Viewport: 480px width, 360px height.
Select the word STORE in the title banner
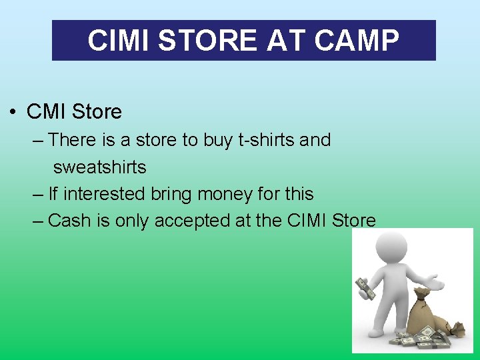[x=209, y=41]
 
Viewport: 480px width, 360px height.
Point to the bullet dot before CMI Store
[x=13, y=112]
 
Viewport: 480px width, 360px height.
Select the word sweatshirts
[x=99, y=167]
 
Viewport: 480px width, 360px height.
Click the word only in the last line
[x=131, y=221]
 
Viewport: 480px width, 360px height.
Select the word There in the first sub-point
[x=73, y=140]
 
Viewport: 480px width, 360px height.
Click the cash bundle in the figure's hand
[x=365, y=288]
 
